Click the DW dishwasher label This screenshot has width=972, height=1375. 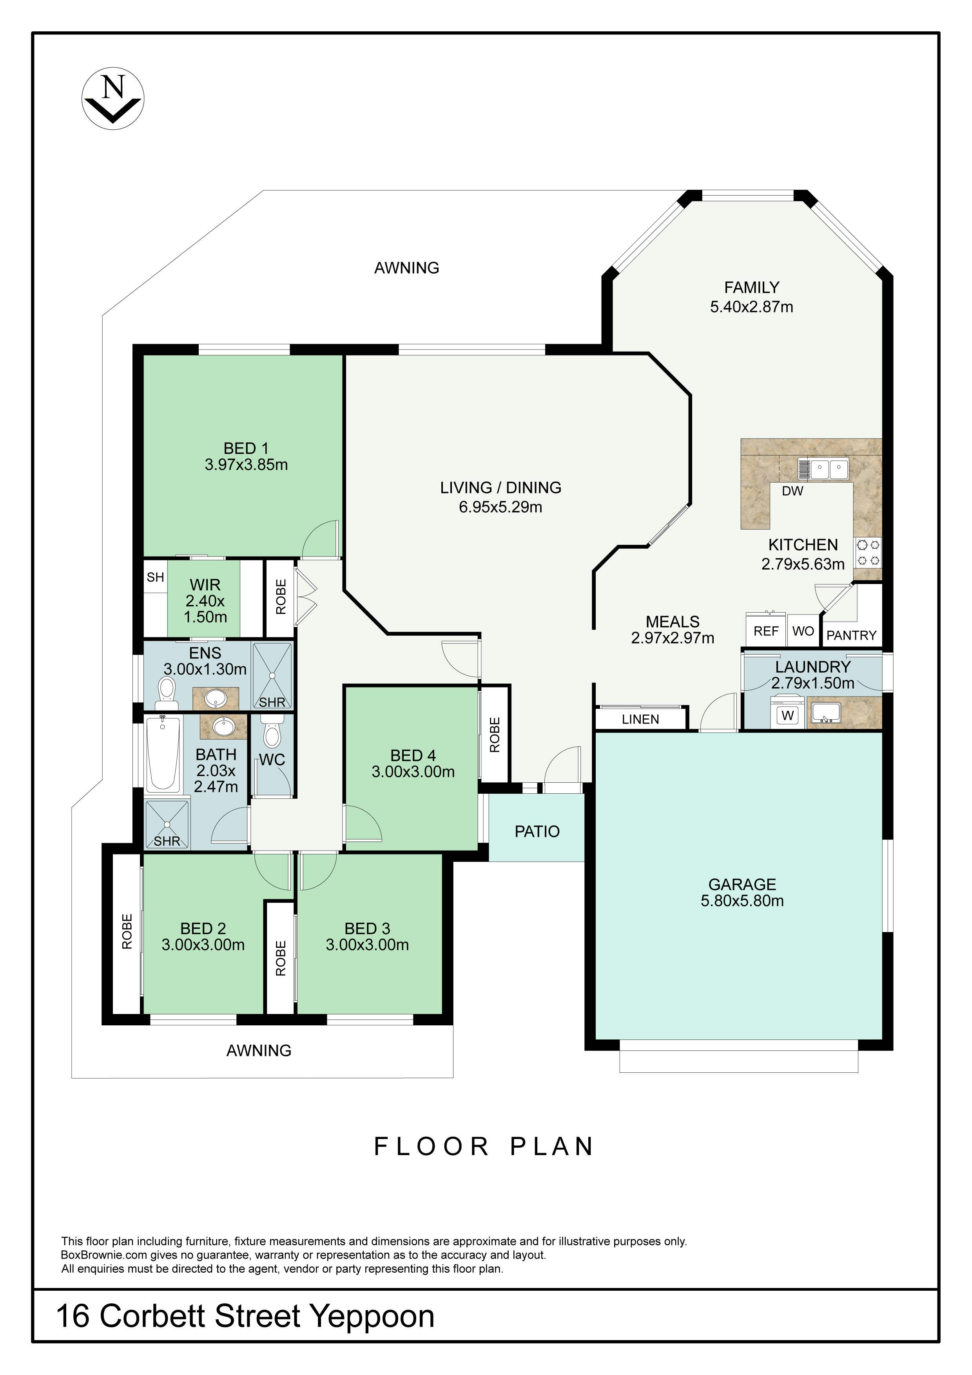coord(792,492)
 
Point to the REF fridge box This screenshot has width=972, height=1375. coord(765,631)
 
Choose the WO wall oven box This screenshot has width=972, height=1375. coord(803,631)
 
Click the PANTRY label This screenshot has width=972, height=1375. coord(851,635)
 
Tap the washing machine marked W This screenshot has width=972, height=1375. coord(787,715)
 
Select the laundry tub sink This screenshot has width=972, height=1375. coord(827,713)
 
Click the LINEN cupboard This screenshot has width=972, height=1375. coord(640,718)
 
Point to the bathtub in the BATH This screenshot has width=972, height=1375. coord(163,754)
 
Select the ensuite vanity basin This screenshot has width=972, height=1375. coord(215,698)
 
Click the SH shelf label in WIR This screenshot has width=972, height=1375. coord(155,577)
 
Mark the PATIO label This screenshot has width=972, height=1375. coord(537,831)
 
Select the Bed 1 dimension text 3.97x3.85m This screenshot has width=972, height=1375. coord(246,465)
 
